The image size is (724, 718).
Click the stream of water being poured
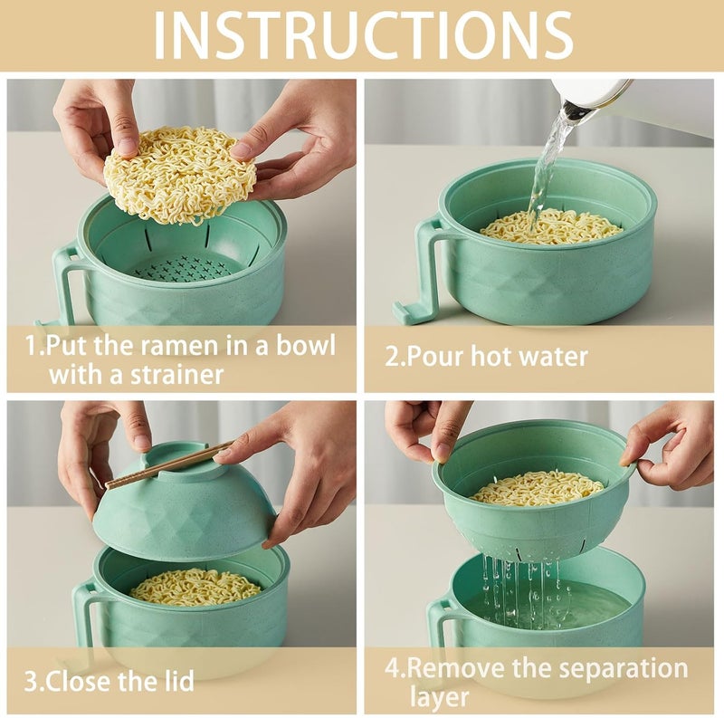pos(548,163)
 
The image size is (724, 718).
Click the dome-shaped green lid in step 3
pos(186,512)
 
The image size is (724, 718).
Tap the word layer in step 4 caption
pos(440,697)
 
